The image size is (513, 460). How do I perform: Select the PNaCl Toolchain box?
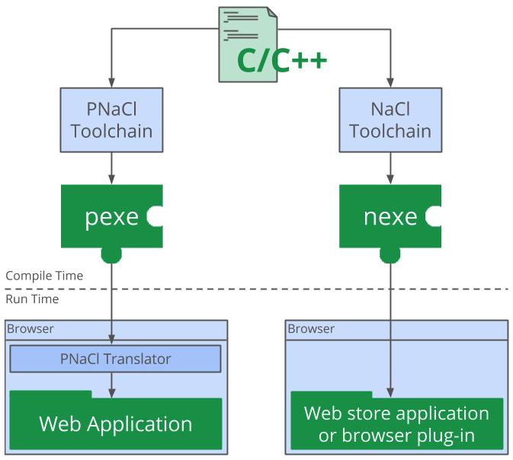(x=112, y=120)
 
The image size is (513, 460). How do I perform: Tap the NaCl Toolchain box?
(x=390, y=120)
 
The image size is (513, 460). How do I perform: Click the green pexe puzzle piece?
(x=107, y=217)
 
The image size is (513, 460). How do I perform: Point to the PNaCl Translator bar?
(x=115, y=359)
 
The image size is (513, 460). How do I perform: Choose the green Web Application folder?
(x=115, y=423)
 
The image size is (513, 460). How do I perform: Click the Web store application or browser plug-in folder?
(x=396, y=424)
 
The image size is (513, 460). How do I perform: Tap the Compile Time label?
(x=44, y=276)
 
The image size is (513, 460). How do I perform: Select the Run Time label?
(x=32, y=299)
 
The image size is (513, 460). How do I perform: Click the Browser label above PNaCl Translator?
(x=30, y=329)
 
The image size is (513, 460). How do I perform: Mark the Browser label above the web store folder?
(x=311, y=329)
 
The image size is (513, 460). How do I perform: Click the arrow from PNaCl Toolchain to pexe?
(x=112, y=168)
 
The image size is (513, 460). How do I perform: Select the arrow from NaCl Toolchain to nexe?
(x=390, y=168)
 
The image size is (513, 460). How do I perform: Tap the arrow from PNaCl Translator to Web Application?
(x=112, y=385)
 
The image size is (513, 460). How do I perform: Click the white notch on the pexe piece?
(x=156, y=217)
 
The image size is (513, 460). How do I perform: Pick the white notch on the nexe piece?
(x=434, y=217)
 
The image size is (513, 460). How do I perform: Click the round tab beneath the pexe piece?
(x=112, y=254)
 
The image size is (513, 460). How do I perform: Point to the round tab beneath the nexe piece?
(x=390, y=254)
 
